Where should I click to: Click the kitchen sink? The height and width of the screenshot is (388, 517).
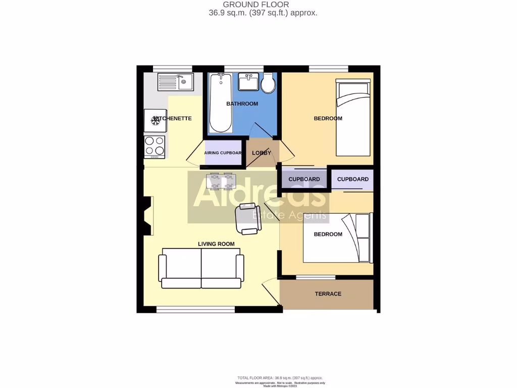click(x=175, y=81)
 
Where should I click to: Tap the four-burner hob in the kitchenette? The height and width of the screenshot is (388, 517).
click(x=154, y=147)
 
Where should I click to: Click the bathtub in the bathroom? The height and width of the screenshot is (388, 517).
click(x=221, y=103)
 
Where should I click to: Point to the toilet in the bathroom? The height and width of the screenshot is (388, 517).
click(x=268, y=83)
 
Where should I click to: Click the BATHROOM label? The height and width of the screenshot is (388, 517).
click(x=242, y=104)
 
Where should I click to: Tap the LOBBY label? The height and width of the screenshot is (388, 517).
click(x=262, y=153)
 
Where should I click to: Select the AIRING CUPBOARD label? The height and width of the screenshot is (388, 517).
click(x=223, y=153)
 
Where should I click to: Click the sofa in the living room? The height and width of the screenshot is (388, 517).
click(x=201, y=268)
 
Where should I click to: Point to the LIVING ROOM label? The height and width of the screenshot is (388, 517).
click(x=216, y=244)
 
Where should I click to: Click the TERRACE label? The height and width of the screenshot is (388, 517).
click(x=328, y=294)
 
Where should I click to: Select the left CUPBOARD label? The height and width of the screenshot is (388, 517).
click(x=304, y=179)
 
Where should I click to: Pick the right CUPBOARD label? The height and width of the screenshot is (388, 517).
click(x=352, y=179)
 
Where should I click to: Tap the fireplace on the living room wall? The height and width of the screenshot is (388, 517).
click(x=148, y=216)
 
